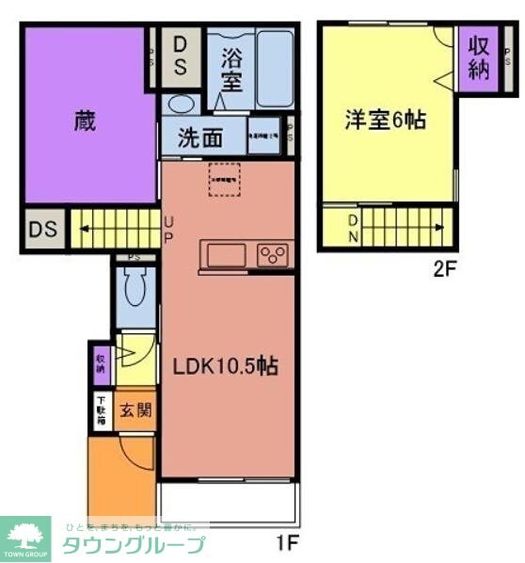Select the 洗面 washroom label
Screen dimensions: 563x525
201,137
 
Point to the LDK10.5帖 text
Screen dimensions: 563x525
224,366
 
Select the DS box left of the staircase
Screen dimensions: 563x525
42,229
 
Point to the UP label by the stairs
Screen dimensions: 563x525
168,229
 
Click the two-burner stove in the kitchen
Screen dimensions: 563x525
274,254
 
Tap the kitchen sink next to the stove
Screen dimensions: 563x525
225,254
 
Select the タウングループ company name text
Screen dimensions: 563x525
133,545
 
